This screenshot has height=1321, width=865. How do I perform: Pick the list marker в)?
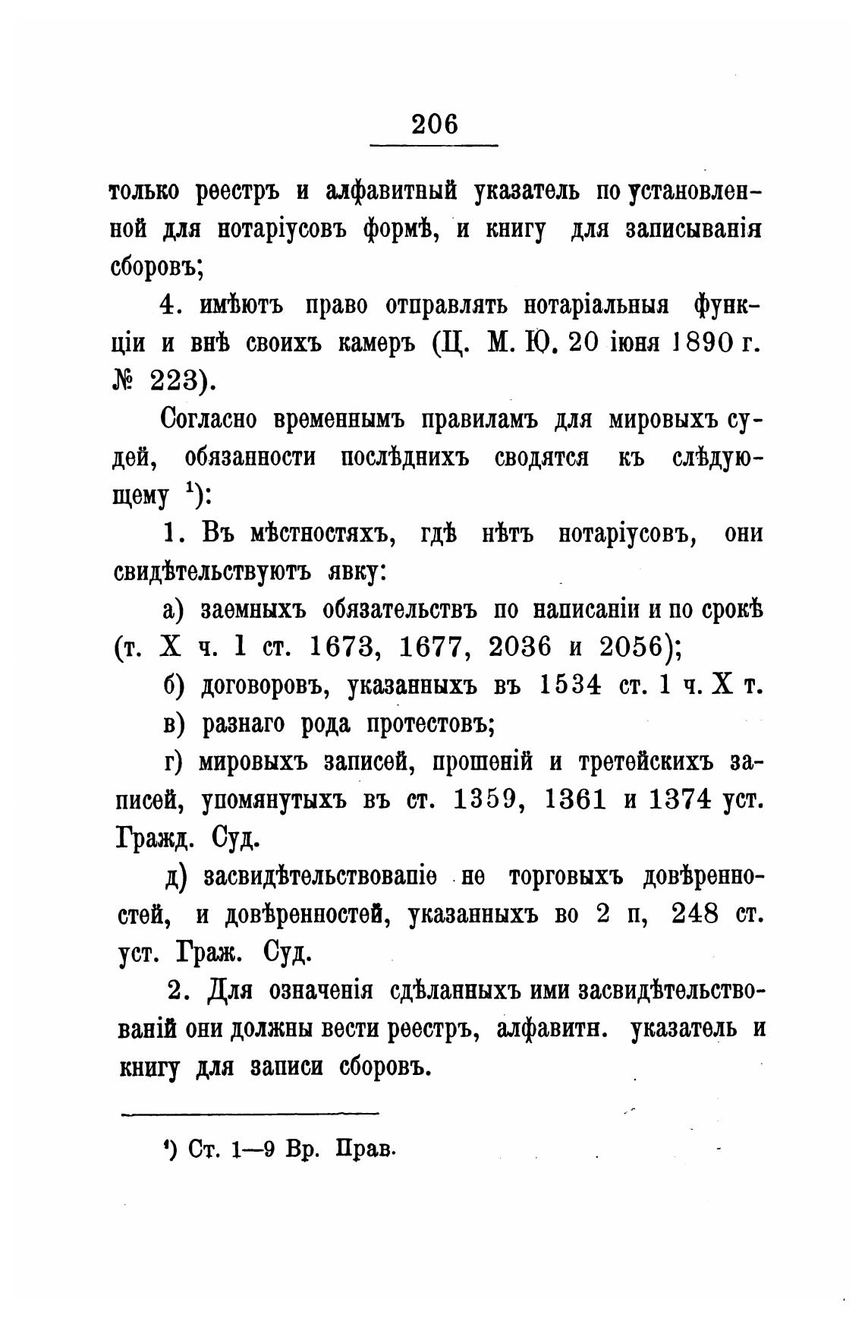(174, 724)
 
